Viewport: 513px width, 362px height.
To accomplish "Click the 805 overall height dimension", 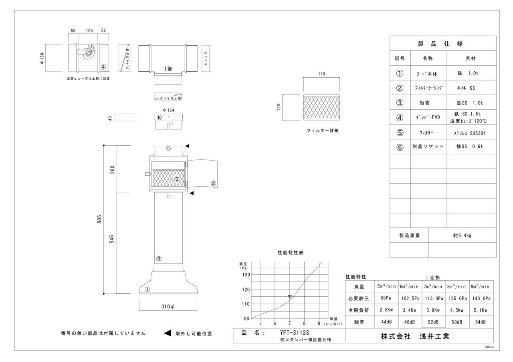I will point(99,219).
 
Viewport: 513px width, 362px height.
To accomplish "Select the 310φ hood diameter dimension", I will point(168,307).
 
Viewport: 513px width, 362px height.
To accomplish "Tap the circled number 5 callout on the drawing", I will point(177,179).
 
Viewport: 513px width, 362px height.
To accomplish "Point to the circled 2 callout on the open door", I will point(214,183).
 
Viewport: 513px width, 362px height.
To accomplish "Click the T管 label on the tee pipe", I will point(168,69).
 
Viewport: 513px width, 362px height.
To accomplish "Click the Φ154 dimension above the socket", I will point(168,110).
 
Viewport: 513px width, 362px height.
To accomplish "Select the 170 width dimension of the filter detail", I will point(321,74).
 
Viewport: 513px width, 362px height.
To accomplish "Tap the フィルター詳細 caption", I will point(322,131).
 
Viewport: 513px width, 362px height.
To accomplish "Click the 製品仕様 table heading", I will point(442,44).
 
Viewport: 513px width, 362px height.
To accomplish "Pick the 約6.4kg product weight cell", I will point(462,235).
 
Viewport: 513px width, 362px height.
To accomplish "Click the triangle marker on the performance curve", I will point(290,297).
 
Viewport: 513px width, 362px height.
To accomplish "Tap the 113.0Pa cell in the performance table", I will point(433,298).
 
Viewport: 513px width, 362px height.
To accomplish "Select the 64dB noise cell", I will point(481,322).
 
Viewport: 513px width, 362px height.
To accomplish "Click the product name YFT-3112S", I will point(295,332).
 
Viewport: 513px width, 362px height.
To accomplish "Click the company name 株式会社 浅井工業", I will point(415,336).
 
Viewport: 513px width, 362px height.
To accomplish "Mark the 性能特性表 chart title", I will point(291,253).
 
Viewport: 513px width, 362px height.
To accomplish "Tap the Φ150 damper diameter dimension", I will point(42,58).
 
